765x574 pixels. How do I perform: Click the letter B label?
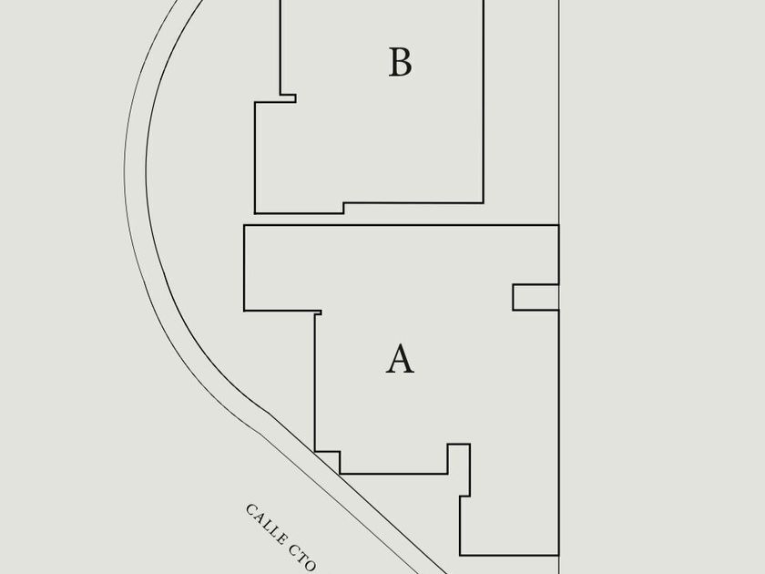click(x=400, y=63)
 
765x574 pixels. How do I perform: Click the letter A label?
click(x=400, y=359)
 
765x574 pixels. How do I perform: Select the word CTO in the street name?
click(x=303, y=559)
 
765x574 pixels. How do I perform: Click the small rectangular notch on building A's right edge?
click(x=535, y=297)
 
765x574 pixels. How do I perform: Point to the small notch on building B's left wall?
click(x=287, y=97)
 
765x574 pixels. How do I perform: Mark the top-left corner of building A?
click(x=244, y=225)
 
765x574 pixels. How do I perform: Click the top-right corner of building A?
click(x=558, y=225)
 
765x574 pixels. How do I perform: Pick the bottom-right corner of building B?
click(x=483, y=202)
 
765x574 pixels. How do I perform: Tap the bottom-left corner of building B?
click(x=255, y=213)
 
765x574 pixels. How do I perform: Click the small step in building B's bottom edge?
click(x=343, y=208)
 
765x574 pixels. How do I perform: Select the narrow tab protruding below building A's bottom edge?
click(x=459, y=470)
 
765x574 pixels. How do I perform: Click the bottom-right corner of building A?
click(x=558, y=555)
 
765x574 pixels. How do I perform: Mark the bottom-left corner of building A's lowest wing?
click(x=460, y=555)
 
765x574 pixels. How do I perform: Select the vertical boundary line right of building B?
click(x=558, y=109)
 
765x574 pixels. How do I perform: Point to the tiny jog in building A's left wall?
click(x=318, y=313)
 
